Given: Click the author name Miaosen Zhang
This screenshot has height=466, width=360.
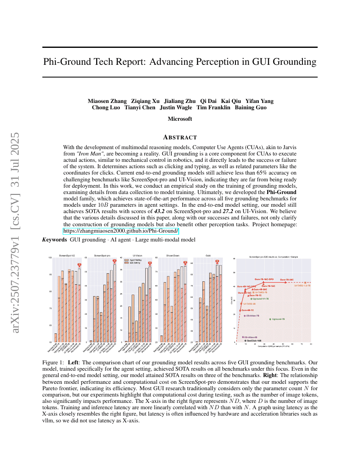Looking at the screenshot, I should (107, 101).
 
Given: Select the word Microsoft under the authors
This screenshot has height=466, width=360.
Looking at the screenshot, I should (180, 119).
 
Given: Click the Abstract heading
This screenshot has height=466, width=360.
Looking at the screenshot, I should (180, 137).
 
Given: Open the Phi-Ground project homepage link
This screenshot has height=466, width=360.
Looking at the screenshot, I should (121, 231).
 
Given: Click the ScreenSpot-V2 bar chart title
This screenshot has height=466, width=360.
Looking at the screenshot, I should (67, 255).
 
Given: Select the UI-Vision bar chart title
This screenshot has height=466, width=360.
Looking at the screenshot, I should (137, 255).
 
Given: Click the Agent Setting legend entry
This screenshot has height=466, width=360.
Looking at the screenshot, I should (131, 260).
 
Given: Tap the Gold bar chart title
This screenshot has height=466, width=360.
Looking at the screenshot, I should (208, 255).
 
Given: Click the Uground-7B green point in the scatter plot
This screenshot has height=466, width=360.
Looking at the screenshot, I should (270, 319).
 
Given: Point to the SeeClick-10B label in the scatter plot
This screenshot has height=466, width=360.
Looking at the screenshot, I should (254, 341).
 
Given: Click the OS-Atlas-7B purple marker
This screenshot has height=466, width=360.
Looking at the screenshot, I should (245, 316).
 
